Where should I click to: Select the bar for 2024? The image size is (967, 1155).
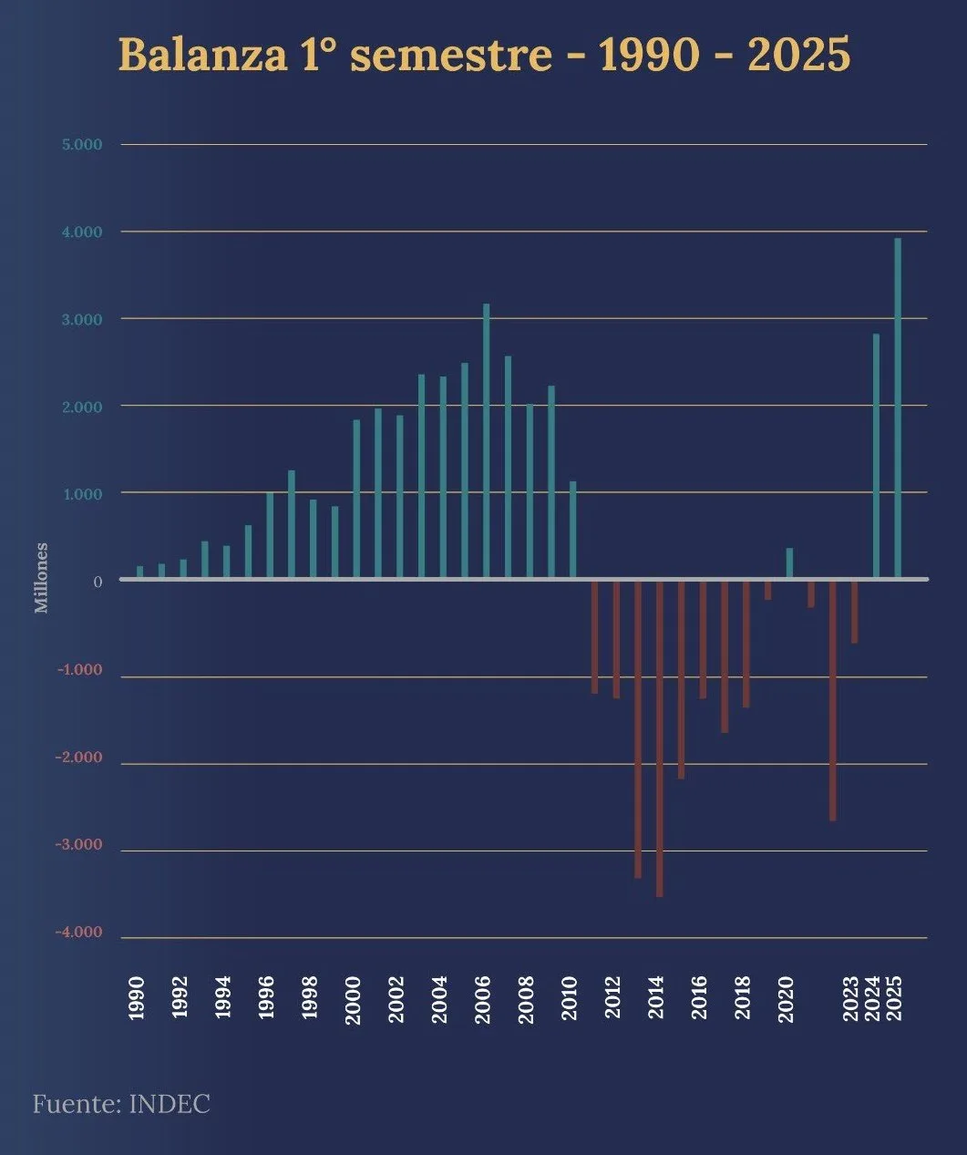click(x=876, y=456)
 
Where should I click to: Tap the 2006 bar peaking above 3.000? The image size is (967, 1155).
click(x=486, y=441)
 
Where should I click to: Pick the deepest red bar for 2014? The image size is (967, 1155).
click(x=659, y=738)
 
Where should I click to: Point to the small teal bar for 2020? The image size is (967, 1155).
click(x=789, y=562)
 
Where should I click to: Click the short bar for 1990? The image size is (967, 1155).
click(x=139, y=572)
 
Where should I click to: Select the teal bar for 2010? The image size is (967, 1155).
click(x=572, y=530)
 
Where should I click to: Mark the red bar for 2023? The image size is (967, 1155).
click(x=854, y=612)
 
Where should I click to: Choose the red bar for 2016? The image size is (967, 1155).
click(x=703, y=639)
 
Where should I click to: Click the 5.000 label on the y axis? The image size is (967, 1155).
click(x=83, y=145)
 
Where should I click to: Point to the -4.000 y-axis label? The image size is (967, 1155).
click(x=79, y=933)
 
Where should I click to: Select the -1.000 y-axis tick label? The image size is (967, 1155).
click(x=79, y=670)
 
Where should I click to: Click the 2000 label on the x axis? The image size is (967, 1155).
click(x=354, y=999)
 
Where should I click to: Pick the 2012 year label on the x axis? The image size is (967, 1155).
click(x=613, y=999)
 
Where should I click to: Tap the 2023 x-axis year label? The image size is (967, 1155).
click(x=851, y=999)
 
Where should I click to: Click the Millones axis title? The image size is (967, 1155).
click(x=41, y=578)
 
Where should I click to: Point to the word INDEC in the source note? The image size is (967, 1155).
click(x=170, y=1104)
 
